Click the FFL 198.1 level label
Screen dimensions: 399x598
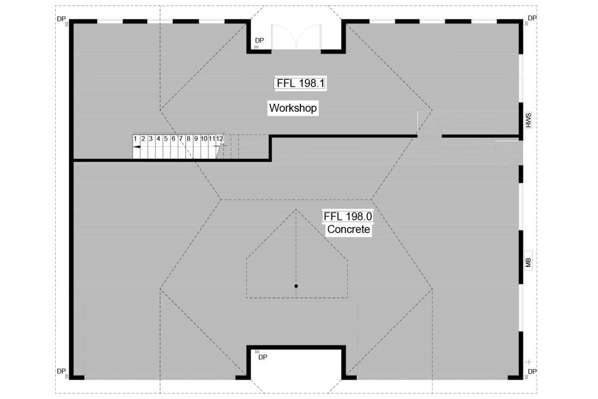point(300,83)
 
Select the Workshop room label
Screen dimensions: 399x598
point(293,108)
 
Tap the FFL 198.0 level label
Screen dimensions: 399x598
point(348,216)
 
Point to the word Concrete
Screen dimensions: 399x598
point(348,229)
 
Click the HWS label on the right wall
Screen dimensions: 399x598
point(528,120)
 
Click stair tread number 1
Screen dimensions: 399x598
point(135,139)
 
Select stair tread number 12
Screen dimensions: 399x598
point(219,139)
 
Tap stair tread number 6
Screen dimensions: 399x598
point(173,139)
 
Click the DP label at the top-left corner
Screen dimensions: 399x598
point(61,18)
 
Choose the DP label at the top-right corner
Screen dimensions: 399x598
point(532,18)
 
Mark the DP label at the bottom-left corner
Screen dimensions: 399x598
point(61,371)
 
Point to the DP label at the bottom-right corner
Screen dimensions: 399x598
point(532,372)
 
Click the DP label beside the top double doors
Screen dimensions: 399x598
point(259,40)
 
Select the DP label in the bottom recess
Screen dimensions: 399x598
point(263,357)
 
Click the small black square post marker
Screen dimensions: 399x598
point(296,286)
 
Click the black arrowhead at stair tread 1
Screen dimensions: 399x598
point(137,147)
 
